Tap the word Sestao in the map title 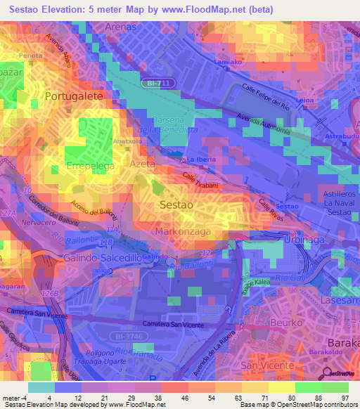click(x=27, y=10)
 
